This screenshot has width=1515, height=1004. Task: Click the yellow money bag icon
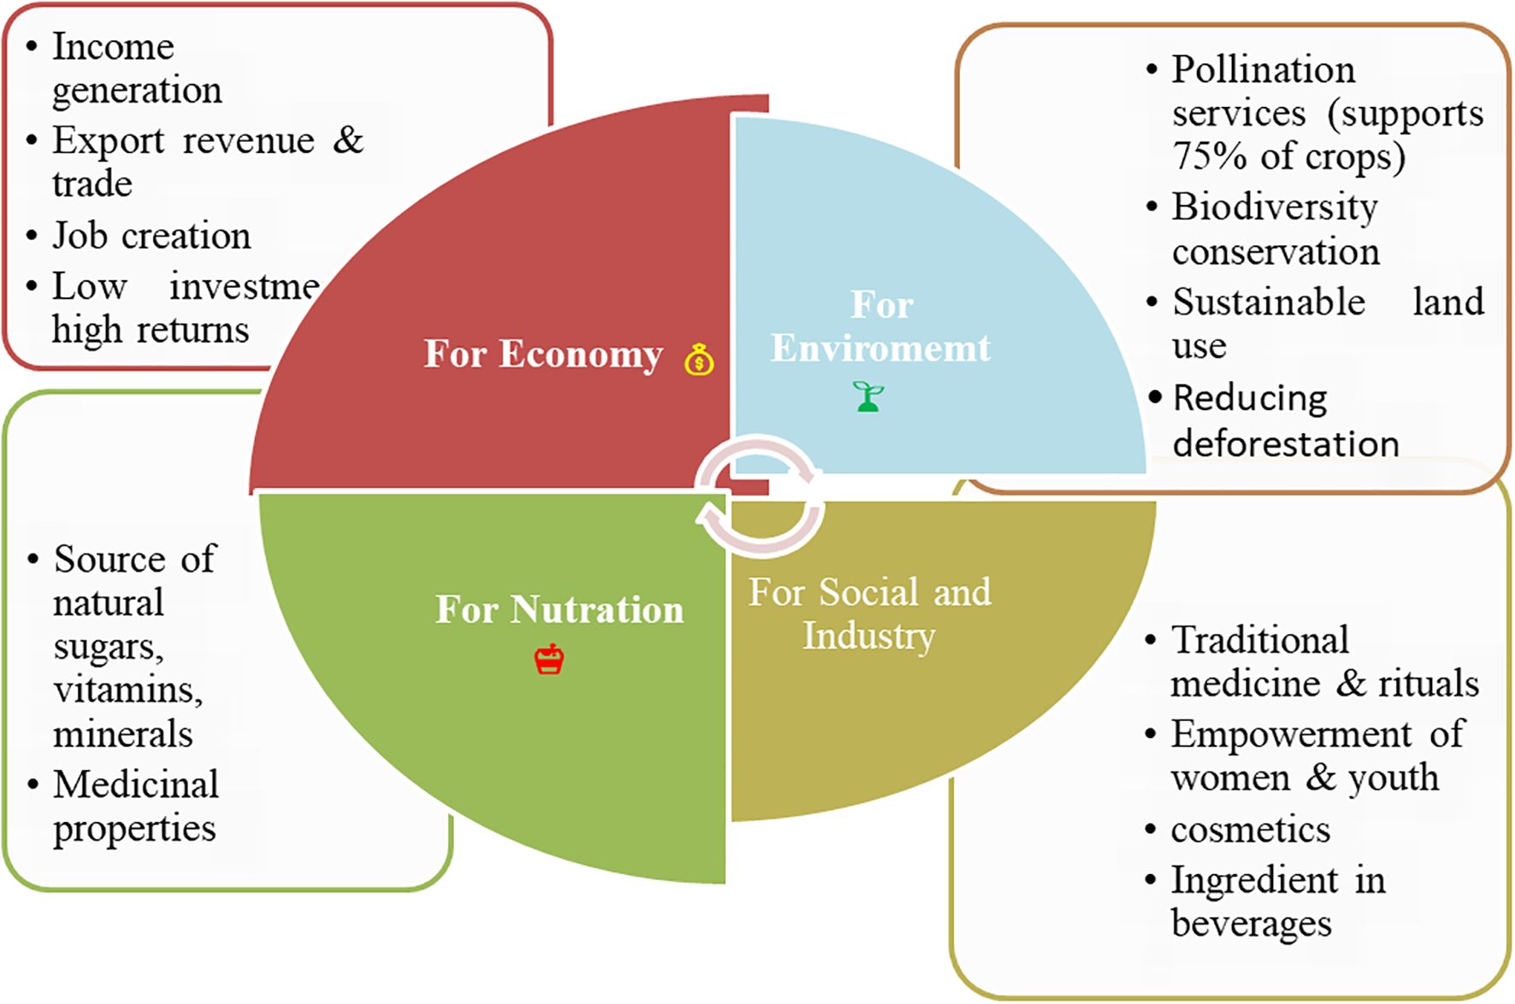[699, 360]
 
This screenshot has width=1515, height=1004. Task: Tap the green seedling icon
[869, 396]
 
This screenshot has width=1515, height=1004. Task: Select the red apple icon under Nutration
[549, 660]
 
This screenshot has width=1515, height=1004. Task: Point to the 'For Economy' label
[544, 354]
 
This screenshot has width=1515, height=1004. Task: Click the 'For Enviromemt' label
[881, 326]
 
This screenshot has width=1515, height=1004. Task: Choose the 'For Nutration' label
[559, 610]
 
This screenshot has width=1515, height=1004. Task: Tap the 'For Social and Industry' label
[870, 614]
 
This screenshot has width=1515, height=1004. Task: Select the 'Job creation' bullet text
[151, 236]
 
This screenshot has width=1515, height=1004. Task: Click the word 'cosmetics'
[1250, 830]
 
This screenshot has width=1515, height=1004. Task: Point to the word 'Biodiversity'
[1274, 208]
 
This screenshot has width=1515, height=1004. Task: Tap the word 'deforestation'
[1285, 444]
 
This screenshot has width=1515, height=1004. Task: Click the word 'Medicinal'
[136, 784]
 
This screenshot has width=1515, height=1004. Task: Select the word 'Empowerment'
[1291, 734]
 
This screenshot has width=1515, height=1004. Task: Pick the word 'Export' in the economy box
[108, 141]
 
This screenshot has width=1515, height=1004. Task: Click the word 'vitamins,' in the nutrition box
[128, 690]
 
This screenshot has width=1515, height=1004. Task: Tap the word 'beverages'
[1251, 924]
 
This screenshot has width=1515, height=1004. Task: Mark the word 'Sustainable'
[1269, 302]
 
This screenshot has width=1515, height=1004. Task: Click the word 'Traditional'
[1259, 640]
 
